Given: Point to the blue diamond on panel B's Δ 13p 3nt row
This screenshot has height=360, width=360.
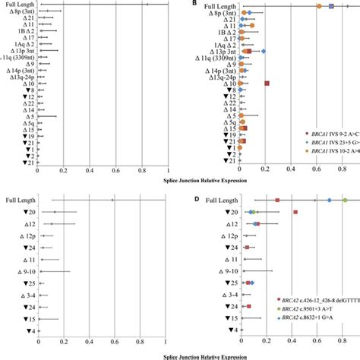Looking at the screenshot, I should tap(263, 52).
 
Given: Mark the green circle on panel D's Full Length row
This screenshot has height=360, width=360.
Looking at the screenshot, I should tap(345, 201).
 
